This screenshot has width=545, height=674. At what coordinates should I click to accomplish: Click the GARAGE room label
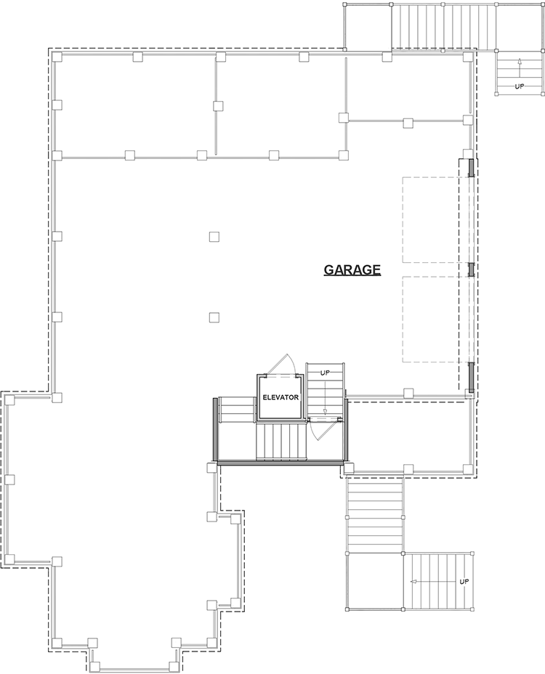pos(352,270)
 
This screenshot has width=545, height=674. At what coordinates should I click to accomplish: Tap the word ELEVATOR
pos(280,398)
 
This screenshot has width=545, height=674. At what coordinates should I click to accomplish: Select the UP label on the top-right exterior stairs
pos(520,86)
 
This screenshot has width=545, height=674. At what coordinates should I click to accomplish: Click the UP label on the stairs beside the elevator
pos(325,373)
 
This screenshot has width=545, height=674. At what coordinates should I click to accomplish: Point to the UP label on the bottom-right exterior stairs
pos(464,582)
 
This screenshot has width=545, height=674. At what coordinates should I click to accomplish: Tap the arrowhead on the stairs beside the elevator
pos(325,411)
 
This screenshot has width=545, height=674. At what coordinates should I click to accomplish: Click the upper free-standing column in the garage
pos(214,236)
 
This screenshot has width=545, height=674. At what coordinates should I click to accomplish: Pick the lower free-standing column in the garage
pos(214,317)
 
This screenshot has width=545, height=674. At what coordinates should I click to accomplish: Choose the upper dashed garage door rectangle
pos(430,219)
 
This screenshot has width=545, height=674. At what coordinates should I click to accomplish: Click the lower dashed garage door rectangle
pos(430,319)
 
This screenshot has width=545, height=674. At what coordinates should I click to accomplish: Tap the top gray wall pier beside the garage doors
pos(471,168)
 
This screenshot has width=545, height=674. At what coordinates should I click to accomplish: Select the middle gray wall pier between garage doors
pos(471,269)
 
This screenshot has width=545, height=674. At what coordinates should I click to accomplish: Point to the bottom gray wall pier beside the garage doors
pos(471,375)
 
